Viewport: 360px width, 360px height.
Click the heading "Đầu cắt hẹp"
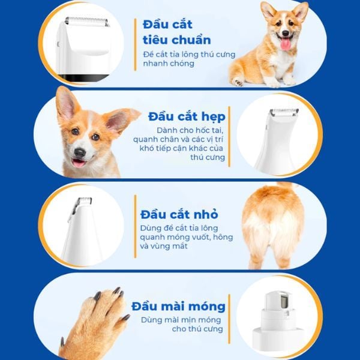coord(187,117)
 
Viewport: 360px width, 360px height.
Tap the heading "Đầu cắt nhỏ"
coord(179,214)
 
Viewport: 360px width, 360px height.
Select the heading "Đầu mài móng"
coord(178,307)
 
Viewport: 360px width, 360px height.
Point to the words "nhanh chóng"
coord(169,64)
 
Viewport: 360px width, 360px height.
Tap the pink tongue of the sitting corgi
coord(286,44)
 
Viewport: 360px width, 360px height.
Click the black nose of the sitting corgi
coord(286,33)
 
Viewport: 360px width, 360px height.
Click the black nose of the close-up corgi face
coord(80,152)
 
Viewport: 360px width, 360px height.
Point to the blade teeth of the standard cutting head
coord(87,21)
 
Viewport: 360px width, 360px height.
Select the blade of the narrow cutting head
coord(284,112)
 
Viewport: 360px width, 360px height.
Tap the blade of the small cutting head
coord(84,200)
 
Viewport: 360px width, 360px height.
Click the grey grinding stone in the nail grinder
coord(284,302)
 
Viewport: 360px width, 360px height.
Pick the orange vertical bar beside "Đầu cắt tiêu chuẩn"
coord(135,45)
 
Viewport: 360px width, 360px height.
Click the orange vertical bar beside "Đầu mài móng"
coord(229,319)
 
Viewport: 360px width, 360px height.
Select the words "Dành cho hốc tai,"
coord(190,130)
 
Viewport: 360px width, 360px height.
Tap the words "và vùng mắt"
coord(164,246)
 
